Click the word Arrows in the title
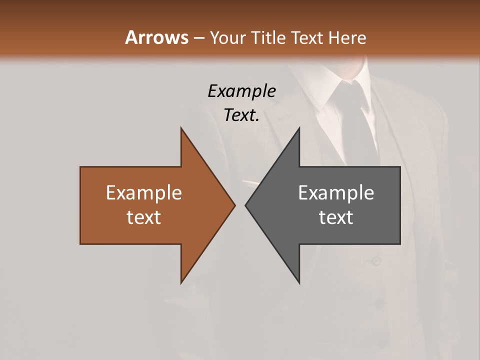(156, 37)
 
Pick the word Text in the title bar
(306, 37)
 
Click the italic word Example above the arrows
(241, 91)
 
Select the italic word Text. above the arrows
(241, 115)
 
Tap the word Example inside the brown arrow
(144, 193)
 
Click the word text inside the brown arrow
(144, 217)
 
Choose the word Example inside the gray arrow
(336, 193)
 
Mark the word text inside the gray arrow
(336, 217)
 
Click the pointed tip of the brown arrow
(234, 205)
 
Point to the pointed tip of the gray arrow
(245, 205)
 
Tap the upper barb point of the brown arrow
(181, 128)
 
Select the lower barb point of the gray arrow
(299, 282)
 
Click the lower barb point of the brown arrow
(181, 282)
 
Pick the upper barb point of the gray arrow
(299, 128)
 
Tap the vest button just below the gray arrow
(376, 260)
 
